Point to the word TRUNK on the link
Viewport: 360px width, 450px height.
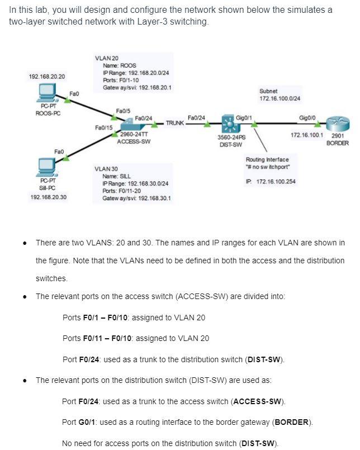[174, 122]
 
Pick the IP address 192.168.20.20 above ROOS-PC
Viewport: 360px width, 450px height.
[47, 75]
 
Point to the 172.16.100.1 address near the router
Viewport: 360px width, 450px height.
[307, 135]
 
